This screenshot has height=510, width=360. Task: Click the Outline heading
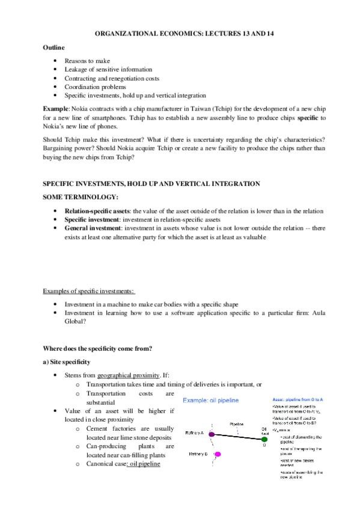53,48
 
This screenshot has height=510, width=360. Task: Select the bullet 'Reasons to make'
87,61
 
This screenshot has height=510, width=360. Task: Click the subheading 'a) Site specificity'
66,363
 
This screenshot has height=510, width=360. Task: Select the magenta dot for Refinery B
218,455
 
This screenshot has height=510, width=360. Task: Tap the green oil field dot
264,440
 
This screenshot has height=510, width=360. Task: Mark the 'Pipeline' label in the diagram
236,423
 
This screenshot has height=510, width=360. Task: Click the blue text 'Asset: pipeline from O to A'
298,399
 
